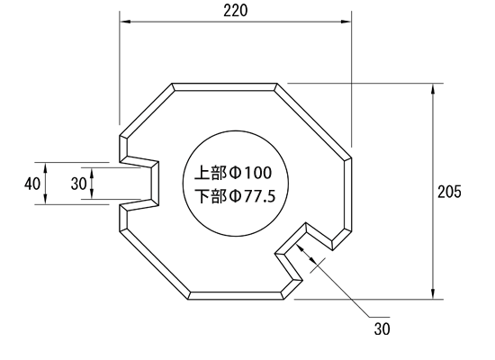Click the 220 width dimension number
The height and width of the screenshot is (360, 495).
point(236,11)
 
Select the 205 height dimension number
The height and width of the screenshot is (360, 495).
point(449,192)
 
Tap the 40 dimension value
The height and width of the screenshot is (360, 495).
point(32,184)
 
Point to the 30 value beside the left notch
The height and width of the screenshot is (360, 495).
point(78,184)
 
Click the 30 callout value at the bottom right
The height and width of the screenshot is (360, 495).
point(382,328)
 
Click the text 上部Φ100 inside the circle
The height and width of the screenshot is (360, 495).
point(233,173)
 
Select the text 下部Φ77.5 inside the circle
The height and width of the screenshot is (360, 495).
point(235,196)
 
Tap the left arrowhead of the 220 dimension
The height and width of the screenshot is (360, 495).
point(125,22)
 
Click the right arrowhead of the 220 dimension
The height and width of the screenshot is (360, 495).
point(346,22)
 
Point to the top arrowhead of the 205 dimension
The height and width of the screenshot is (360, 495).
point(433,89)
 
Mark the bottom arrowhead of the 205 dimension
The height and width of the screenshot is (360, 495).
point(433,293)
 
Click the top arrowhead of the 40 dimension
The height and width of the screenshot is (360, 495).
point(46,167)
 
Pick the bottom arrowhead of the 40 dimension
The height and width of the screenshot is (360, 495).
point(46,199)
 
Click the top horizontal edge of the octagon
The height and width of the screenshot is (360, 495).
point(224,84)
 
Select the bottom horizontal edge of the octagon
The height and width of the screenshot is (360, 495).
point(236,299)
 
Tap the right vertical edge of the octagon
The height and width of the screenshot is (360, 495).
point(351,193)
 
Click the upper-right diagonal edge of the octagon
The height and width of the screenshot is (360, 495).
point(314,121)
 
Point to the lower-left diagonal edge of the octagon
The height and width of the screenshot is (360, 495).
point(154,265)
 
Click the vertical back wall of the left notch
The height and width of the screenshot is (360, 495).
point(157,184)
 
